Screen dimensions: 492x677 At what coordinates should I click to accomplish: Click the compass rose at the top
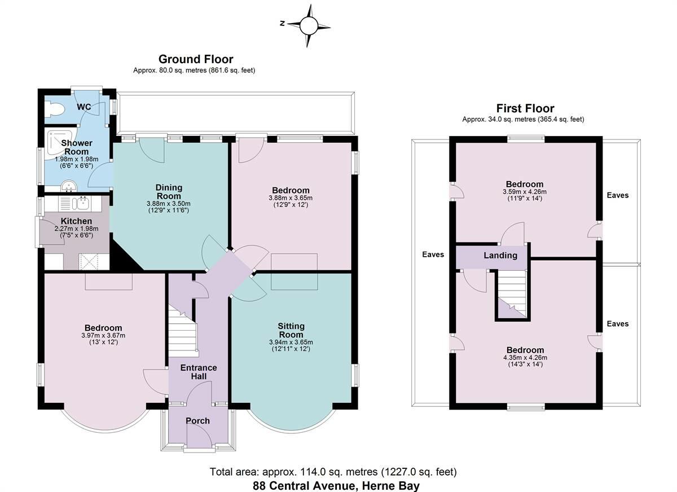click(x=309, y=25)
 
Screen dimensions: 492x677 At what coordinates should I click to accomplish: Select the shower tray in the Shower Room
click(x=57, y=140)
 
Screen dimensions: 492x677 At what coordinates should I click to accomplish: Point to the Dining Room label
click(x=169, y=192)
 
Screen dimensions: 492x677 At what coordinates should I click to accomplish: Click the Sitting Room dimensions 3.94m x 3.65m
click(x=291, y=342)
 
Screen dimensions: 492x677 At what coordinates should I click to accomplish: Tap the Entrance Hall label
click(x=198, y=372)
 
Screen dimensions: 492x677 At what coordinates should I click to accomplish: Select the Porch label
click(x=197, y=420)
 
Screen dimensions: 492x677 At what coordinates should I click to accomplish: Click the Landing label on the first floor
click(x=500, y=255)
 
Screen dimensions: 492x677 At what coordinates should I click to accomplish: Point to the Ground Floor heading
click(x=195, y=59)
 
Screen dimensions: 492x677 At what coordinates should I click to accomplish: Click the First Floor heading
click(x=525, y=108)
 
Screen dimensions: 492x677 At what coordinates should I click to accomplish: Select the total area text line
click(x=333, y=472)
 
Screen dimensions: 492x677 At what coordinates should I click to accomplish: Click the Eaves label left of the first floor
click(x=433, y=254)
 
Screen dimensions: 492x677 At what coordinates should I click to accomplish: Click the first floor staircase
click(x=511, y=293)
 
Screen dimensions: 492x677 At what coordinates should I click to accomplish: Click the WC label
click(x=84, y=107)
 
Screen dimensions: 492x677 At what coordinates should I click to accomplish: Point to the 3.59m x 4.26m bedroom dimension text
click(x=524, y=191)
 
